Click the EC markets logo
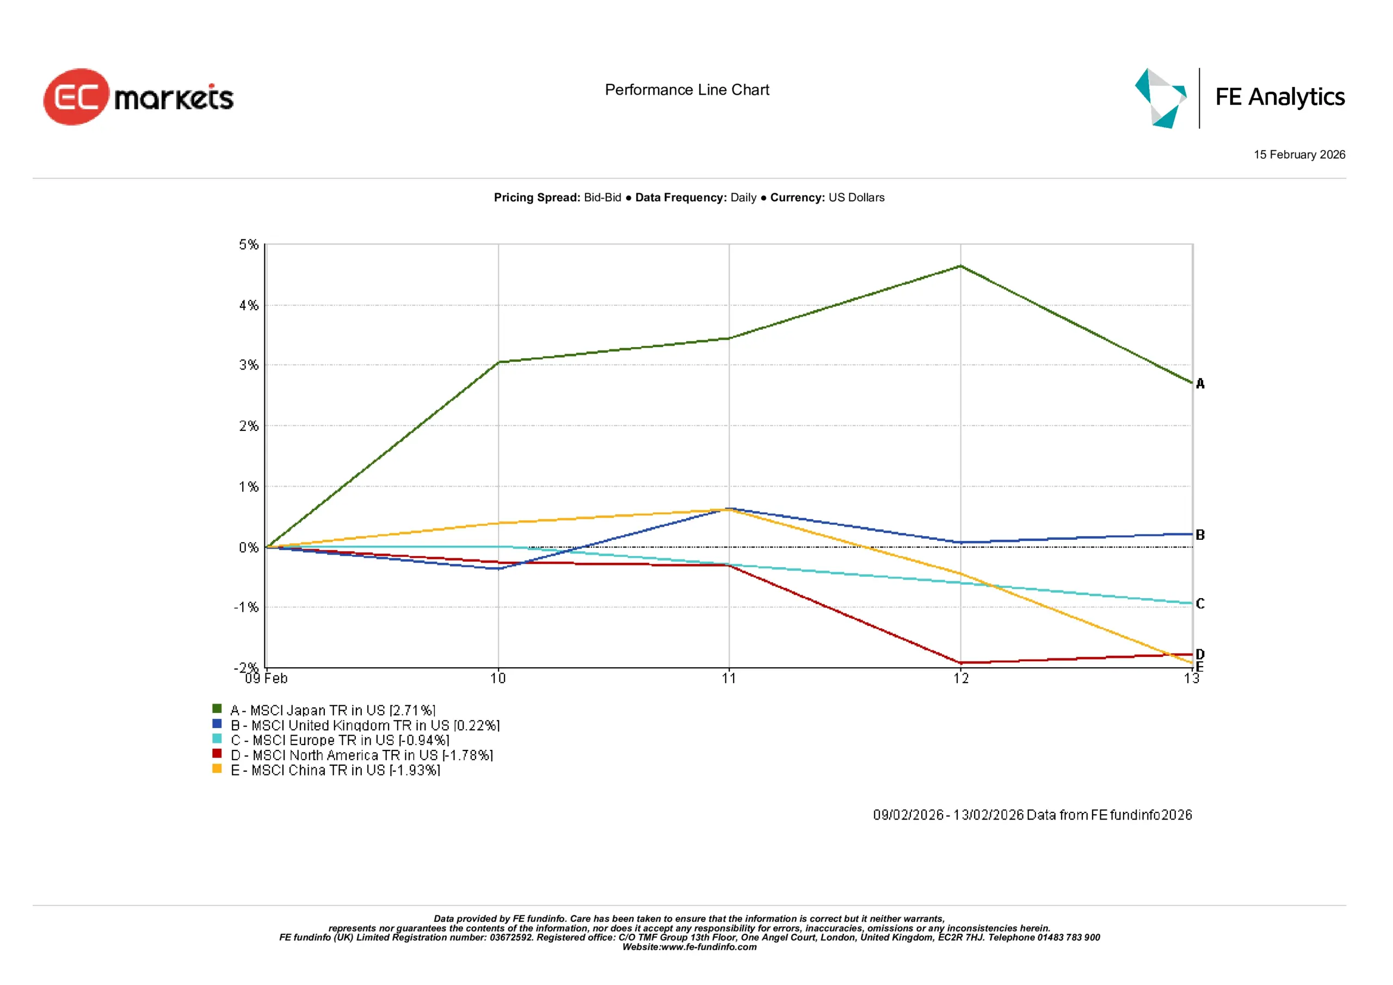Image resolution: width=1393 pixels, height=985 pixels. [x=138, y=97]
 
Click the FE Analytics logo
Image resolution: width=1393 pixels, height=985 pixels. [x=1240, y=98]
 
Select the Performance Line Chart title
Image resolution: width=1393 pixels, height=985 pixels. [x=687, y=90]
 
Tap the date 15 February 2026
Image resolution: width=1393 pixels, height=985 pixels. [x=1299, y=155]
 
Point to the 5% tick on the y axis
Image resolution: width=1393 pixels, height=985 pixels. [x=249, y=244]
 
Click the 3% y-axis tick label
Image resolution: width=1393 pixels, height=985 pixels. [x=249, y=365]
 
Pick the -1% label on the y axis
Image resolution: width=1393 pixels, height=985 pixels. [x=246, y=607]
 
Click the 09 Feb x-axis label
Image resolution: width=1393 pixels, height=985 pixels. [x=266, y=679]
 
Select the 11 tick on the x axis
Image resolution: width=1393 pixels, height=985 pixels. [x=729, y=679]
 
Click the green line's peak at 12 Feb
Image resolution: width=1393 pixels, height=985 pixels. [x=960, y=266]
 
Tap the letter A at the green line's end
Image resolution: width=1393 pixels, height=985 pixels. [x=1200, y=384]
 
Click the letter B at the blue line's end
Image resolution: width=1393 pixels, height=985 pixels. [x=1200, y=535]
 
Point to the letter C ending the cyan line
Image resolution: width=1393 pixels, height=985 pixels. [x=1200, y=604]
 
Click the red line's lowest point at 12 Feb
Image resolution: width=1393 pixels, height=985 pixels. [x=960, y=662]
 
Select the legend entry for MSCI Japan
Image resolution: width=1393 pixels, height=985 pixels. [x=332, y=710]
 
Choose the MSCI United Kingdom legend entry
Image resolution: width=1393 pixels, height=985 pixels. [x=365, y=725]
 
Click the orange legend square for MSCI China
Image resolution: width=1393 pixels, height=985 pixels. [x=217, y=768]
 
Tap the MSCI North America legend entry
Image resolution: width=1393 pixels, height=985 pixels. [x=362, y=755]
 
